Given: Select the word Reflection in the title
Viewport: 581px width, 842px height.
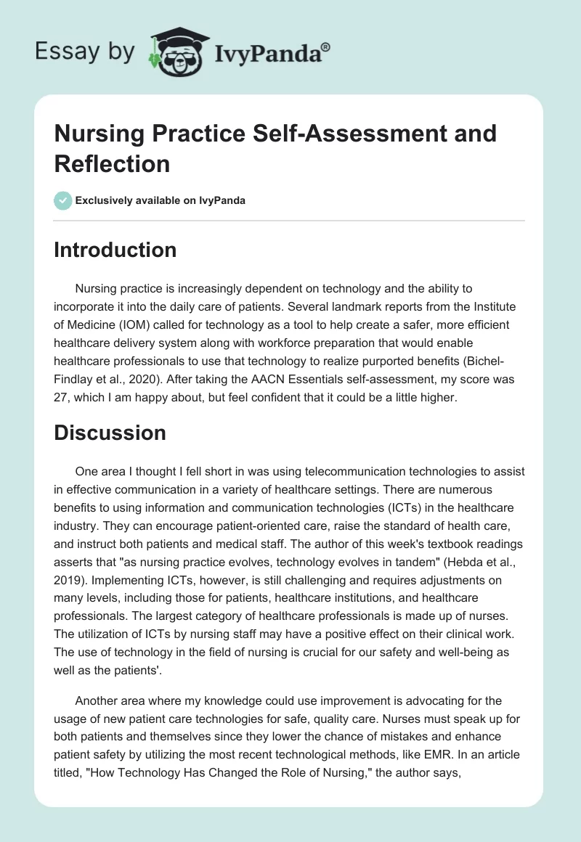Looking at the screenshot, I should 112,163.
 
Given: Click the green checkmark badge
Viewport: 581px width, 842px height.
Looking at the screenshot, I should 64,200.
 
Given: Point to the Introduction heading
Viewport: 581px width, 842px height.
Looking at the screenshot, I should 115,250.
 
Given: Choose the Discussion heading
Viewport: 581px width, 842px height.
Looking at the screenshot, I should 110,433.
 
